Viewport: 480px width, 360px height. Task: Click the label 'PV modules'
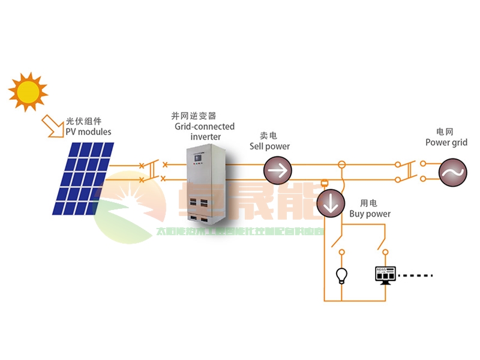tap(88, 131)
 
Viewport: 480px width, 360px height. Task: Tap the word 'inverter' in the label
tap(205, 137)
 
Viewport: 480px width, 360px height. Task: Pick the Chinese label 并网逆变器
tap(193, 116)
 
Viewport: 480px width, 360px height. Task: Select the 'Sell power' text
tap(269, 146)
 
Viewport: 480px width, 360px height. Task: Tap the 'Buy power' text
tap(370, 214)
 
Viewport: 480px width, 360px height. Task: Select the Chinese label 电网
tap(445, 131)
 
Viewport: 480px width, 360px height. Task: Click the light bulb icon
tap(341, 275)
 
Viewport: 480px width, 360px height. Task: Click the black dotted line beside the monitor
tap(414, 276)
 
